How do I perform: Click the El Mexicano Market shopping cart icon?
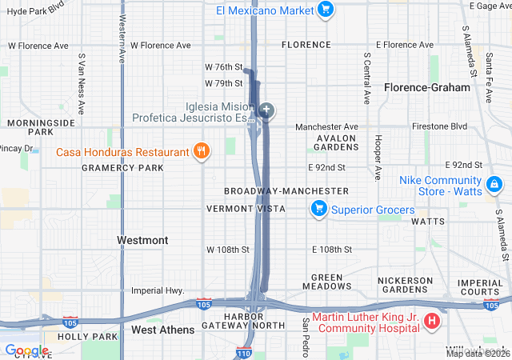(325, 10)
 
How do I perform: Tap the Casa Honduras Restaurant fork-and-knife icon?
(202, 150)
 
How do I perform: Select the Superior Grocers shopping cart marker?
(318, 210)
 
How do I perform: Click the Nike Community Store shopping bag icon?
(494, 185)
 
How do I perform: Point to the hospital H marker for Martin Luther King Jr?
(432, 322)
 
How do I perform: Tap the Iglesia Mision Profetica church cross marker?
(266, 110)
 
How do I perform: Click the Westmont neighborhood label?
(142, 240)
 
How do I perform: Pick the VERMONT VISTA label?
(246, 209)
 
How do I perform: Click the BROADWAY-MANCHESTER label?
(286, 191)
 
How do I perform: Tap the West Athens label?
(162, 330)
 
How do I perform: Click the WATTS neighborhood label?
(427, 221)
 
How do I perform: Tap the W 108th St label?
(228, 250)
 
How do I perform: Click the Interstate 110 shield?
(244, 352)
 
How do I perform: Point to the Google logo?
(26, 350)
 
